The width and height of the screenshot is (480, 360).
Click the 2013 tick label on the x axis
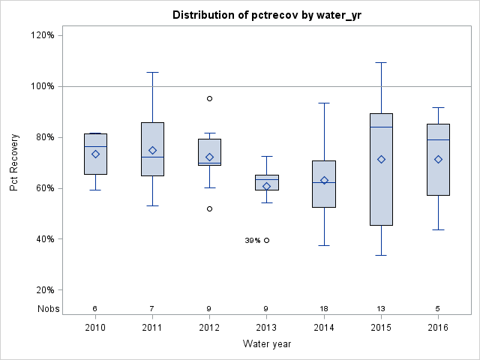tap(267, 328)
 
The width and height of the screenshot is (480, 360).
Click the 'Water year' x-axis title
tap(267, 344)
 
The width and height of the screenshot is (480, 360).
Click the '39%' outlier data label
tap(252, 241)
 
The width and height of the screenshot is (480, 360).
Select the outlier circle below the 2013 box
tap(267, 240)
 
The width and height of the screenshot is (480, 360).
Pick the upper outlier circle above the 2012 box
tap(209, 98)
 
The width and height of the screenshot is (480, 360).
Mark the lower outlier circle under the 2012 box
tap(209, 208)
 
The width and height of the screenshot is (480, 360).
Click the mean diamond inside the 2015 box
tap(381, 159)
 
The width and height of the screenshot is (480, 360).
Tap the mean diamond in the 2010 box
tap(95, 154)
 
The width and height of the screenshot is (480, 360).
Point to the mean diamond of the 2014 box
tap(324, 180)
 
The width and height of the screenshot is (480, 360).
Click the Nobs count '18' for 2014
tap(324, 308)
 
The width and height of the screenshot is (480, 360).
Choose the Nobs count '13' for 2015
tap(381, 308)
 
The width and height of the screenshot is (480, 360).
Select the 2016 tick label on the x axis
tap(438, 328)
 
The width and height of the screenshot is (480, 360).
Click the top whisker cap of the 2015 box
tap(381, 62)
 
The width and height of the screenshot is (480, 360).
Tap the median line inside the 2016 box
tap(438, 139)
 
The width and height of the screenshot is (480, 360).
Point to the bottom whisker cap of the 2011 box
tap(152, 205)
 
